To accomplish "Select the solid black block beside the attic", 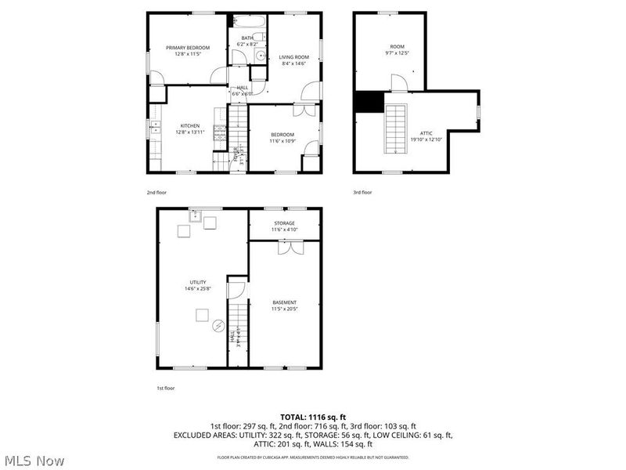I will (x=367, y=102).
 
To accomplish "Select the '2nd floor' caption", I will (x=157, y=192).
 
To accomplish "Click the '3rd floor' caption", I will (x=362, y=192).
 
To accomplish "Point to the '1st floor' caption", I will (x=165, y=388).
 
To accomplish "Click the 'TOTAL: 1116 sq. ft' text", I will (x=312, y=417).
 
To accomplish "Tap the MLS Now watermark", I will (x=33, y=461).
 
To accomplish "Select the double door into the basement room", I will (x=290, y=247).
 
